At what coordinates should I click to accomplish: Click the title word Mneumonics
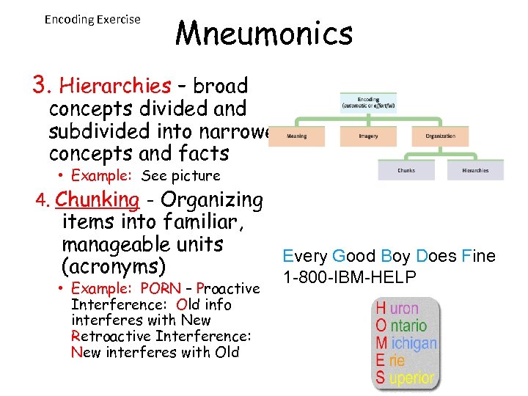265,34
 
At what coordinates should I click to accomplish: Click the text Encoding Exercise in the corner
92,19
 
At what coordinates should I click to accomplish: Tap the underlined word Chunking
97,199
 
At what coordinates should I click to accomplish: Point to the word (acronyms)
114,265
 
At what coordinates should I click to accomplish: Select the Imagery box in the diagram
368,136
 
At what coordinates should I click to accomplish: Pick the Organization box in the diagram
440,136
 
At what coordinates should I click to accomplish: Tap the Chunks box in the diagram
406,170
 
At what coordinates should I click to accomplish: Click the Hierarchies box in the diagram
475,170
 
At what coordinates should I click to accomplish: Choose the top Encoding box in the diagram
368,102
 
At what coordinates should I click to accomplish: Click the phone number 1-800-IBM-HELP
349,277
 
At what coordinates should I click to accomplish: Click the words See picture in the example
180,176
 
